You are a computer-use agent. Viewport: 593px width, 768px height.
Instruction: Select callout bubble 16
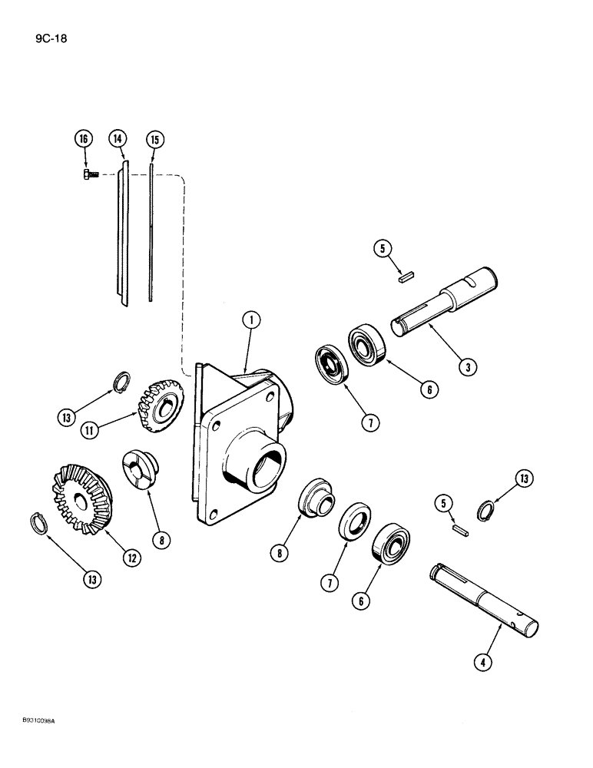84,139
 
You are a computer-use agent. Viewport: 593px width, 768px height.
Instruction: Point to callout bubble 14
118,139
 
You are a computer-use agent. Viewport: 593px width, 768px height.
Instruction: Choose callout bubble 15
154,139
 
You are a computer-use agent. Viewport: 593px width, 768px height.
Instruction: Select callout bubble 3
465,367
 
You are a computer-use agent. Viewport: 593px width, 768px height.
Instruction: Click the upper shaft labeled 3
446,301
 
